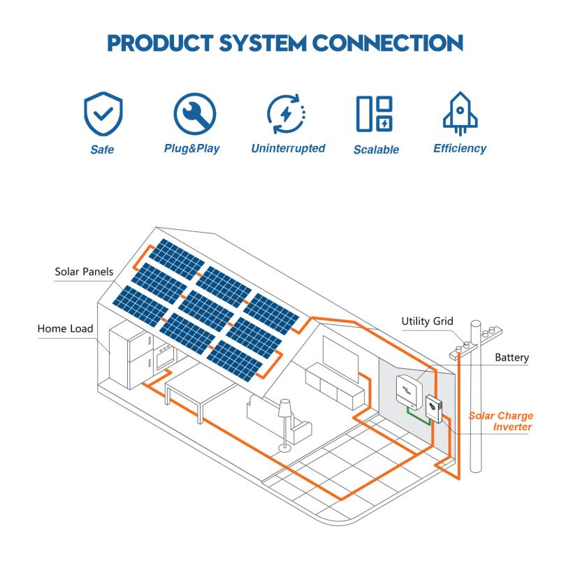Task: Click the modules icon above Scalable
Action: [x=375, y=114]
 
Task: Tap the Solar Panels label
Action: [x=84, y=272]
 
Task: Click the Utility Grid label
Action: [x=427, y=321]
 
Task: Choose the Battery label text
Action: [x=512, y=358]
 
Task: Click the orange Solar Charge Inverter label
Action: [x=501, y=421]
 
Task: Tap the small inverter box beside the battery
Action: [x=433, y=407]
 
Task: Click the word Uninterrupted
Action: [x=287, y=148]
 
